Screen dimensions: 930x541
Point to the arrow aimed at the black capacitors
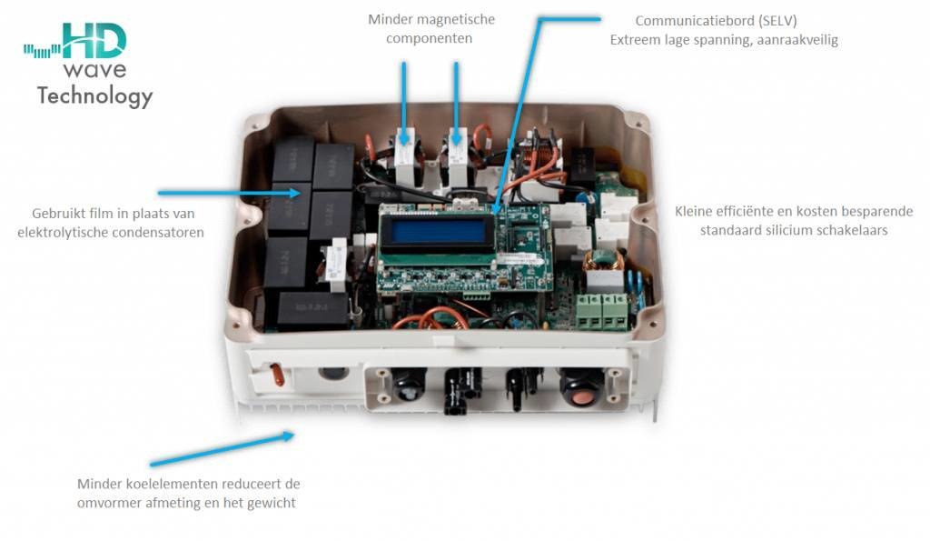pyautogui.click(x=228, y=193)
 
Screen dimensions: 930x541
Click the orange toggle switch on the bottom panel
pyautogui.click(x=272, y=373)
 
